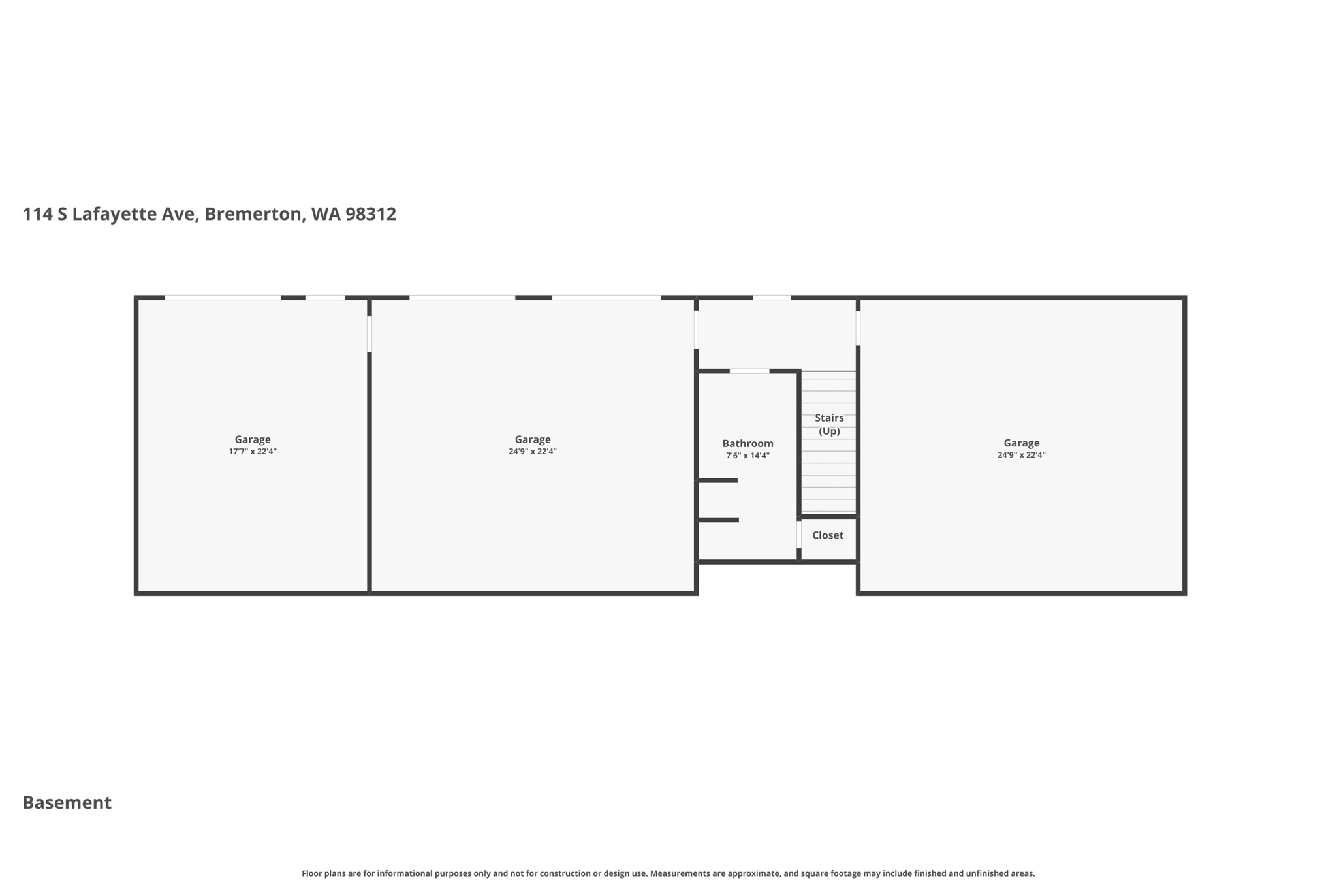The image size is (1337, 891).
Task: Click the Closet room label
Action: (x=828, y=535)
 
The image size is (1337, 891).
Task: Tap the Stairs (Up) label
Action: (x=829, y=424)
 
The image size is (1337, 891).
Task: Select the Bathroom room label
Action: (x=747, y=444)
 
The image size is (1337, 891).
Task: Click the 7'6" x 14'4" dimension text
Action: (x=747, y=456)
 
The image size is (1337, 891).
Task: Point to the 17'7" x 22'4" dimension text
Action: (x=253, y=452)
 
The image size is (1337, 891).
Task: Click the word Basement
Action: (x=67, y=803)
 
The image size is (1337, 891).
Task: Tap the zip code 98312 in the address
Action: (x=371, y=214)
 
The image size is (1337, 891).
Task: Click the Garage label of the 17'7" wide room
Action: (x=253, y=440)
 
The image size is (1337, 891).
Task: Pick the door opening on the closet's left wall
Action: (x=799, y=535)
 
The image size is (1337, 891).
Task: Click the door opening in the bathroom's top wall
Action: (x=749, y=371)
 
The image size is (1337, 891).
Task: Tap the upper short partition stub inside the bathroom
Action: (x=718, y=480)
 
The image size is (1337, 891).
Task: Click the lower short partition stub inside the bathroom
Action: (x=719, y=520)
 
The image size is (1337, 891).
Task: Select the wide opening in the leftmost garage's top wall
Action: (x=223, y=298)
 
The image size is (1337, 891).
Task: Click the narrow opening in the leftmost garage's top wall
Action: (x=325, y=298)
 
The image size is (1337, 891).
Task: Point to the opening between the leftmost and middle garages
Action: (x=370, y=334)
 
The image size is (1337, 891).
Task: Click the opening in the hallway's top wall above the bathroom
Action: (x=772, y=298)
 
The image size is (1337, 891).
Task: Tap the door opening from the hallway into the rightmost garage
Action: (x=858, y=328)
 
